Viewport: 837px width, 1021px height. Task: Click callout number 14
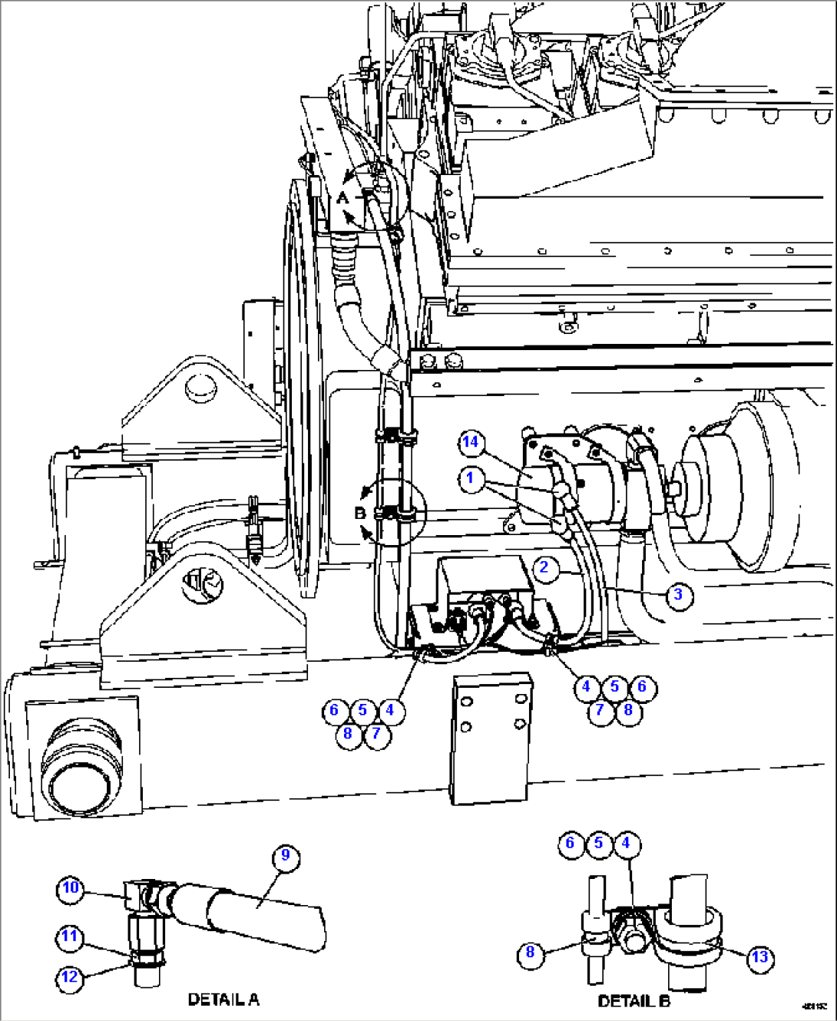(x=470, y=442)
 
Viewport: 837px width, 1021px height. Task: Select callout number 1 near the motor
(x=470, y=479)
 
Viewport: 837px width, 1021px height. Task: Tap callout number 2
(x=544, y=568)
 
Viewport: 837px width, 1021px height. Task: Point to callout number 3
(x=678, y=595)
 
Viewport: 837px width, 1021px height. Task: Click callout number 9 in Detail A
(x=285, y=855)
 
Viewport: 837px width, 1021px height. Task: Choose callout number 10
(x=70, y=888)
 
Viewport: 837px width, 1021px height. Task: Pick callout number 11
(x=70, y=937)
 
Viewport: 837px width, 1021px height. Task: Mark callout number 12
(x=70, y=976)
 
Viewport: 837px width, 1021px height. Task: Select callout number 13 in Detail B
(x=759, y=957)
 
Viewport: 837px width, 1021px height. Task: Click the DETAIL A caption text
(x=223, y=1000)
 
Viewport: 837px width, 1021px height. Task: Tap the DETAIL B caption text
(x=634, y=1001)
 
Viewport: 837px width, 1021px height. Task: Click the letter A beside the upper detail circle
(x=342, y=198)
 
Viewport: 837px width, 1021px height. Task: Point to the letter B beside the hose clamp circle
(x=359, y=513)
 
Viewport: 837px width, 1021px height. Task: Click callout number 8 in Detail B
(x=530, y=953)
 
